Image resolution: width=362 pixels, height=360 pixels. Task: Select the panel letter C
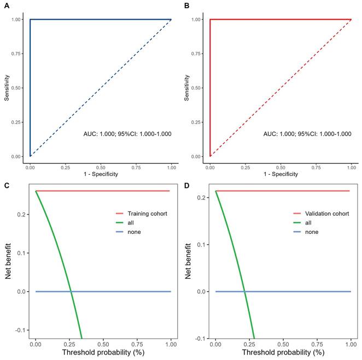[x=6, y=185]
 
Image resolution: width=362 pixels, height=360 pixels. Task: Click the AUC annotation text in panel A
[x=127, y=133]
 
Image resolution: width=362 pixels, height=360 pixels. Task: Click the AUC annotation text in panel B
[x=307, y=133]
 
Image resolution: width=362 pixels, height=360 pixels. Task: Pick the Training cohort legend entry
[x=147, y=213]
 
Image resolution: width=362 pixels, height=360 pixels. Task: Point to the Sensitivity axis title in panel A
[x=7, y=87]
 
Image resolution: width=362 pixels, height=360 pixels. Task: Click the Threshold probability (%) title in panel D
[x=283, y=353]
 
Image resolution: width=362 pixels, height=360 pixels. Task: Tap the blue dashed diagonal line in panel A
[x=101, y=88]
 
